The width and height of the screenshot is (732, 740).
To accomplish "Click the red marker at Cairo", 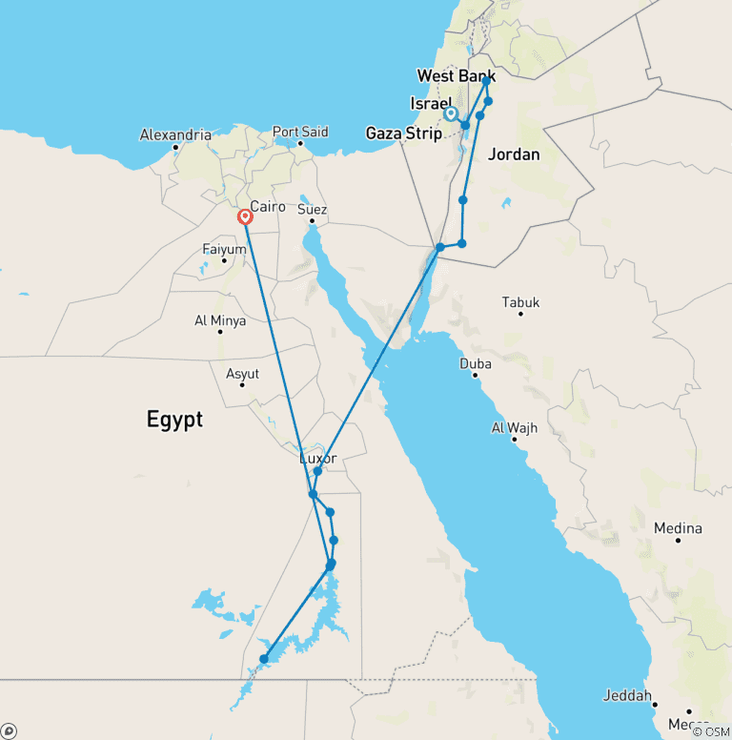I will pyautogui.click(x=245, y=216).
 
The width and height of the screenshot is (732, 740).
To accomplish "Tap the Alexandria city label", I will pyautogui.click(x=175, y=134).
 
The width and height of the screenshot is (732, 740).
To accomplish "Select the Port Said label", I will pyautogui.click(x=300, y=132).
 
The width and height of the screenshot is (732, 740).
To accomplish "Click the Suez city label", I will pyautogui.click(x=312, y=209).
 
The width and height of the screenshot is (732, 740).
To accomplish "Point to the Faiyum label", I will pyautogui.click(x=224, y=249).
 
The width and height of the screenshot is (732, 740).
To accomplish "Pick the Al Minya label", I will pyautogui.click(x=220, y=320).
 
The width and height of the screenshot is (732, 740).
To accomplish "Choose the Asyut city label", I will pyautogui.click(x=242, y=374).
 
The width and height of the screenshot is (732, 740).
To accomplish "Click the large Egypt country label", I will pyautogui.click(x=174, y=419).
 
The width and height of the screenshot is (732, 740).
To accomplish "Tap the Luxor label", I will pyautogui.click(x=318, y=459).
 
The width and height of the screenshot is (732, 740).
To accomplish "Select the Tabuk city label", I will pyautogui.click(x=520, y=302).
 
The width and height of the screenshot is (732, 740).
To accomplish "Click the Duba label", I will pyautogui.click(x=476, y=363).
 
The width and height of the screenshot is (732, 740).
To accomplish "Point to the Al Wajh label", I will pyautogui.click(x=515, y=427).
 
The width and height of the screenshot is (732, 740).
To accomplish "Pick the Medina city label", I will pyautogui.click(x=678, y=528).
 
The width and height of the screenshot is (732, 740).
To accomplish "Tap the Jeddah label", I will pyautogui.click(x=627, y=695).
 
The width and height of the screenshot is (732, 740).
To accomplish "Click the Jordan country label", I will pyautogui.click(x=514, y=154).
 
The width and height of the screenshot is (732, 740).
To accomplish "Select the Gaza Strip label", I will pyautogui.click(x=404, y=134).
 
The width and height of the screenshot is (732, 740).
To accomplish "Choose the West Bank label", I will pyautogui.click(x=456, y=75).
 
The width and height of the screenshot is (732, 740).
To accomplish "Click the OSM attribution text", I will pyautogui.click(x=710, y=731).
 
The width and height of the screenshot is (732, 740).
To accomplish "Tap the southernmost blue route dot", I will pyautogui.click(x=264, y=658).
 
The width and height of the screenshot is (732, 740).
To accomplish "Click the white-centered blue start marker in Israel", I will pyautogui.click(x=452, y=114).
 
